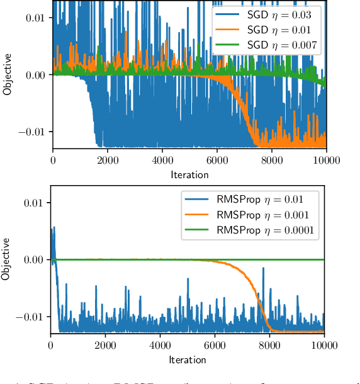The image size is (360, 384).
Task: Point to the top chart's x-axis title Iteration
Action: pos(189,174)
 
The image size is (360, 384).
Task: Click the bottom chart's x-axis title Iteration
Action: pos(188,359)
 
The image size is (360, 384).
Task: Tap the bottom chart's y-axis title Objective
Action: pos(6,258)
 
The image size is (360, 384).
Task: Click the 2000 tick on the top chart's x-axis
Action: pos(108,161)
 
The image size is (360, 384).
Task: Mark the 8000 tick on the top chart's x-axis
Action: pos(271,161)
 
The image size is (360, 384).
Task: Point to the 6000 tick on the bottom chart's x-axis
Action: pos(215,345)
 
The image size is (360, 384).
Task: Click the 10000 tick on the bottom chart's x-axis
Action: pos(323,345)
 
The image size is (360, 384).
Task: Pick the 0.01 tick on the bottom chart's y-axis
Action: pos(33,203)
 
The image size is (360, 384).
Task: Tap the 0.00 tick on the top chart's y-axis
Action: pos(34,75)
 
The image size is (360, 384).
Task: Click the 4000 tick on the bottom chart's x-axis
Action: pos(160,345)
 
